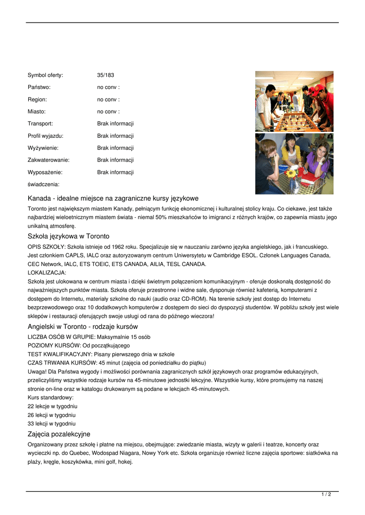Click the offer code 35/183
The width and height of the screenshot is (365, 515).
click(105, 75)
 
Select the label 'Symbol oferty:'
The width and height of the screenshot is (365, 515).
click(45, 75)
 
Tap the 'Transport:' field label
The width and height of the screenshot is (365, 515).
click(40, 124)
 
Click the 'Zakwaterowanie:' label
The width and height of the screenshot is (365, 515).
click(48, 160)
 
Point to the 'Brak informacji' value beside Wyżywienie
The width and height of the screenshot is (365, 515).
click(115, 148)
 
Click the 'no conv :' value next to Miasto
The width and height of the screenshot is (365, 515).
click(108, 112)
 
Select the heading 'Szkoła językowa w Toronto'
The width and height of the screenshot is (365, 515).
click(68, 236)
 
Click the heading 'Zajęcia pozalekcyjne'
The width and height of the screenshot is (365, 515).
click(59, 434)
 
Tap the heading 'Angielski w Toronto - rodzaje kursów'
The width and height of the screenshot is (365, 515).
click(83, 326)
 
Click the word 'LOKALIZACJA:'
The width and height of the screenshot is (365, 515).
click(47, 273)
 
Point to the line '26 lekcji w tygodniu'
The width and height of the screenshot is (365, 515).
click(51, 415)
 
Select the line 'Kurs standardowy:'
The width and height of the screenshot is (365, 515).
click(50, 397)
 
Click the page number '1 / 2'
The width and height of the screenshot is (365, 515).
click(326, 495)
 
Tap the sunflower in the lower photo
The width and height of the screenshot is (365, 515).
click(291, 173)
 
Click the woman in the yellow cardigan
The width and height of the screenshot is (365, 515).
click(291, 153)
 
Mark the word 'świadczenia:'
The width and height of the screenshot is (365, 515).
click(43, 184)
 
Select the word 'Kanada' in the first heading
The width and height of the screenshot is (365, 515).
click(39, 199)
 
